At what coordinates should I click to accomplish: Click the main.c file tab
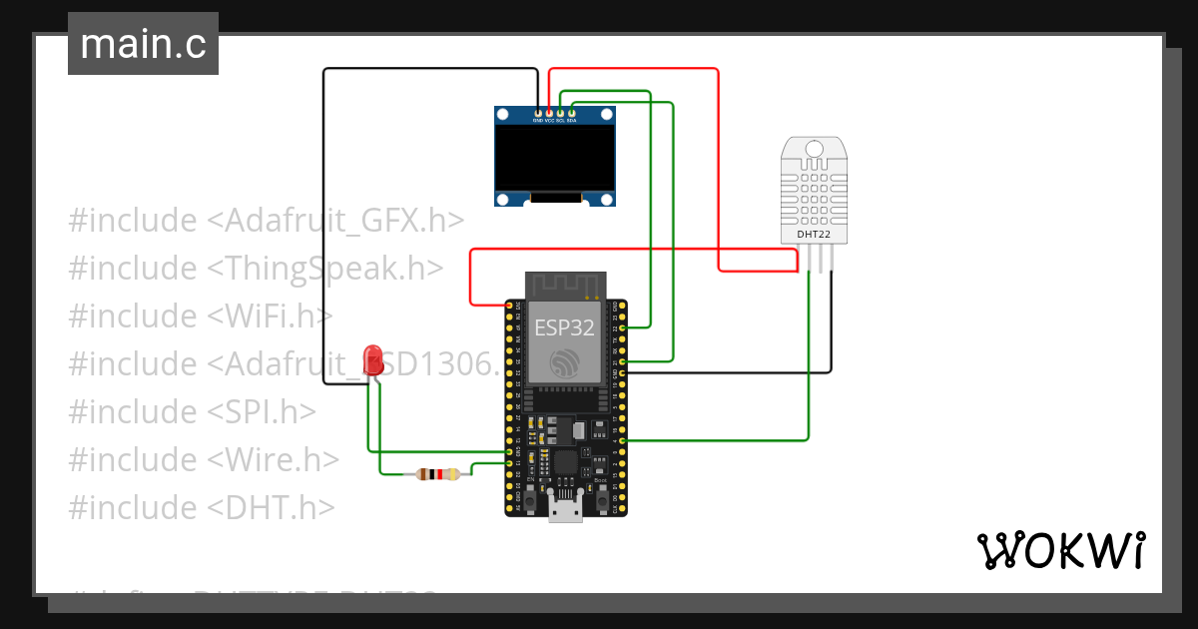coord(143,45)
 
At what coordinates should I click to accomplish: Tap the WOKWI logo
coord(1059,549)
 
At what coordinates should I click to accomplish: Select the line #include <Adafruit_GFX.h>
coord(267,220)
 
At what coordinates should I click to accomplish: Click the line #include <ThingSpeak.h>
coord(257,268)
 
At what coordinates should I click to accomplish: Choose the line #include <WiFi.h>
coord(200,315)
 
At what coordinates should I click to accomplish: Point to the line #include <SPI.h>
coord(193,411)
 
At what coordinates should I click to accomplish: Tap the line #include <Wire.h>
coord(204,459)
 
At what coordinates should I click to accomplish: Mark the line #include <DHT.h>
coord(201,507)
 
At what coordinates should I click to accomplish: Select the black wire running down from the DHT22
coord(831,329)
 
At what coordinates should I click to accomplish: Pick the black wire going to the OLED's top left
coord(323,200)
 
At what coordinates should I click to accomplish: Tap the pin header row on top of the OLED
coord(555,111)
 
